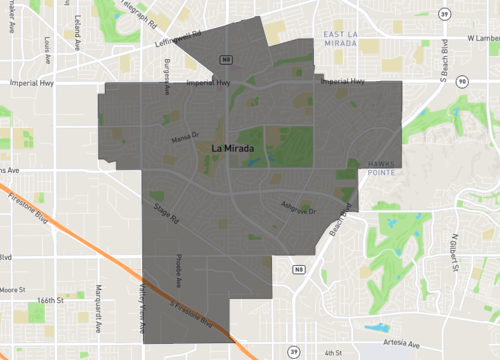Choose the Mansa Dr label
pyautogui.click(x=187, y=137)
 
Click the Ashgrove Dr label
pyautogui.click(x=298, y=210)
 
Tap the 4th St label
pyautogui.click(x=332, y=352)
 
